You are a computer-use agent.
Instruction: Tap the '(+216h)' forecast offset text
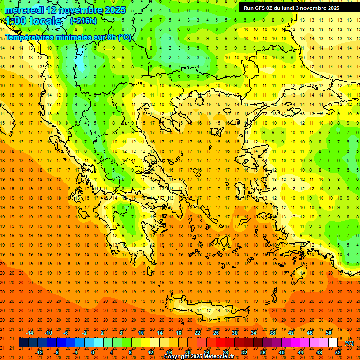click(83, 21)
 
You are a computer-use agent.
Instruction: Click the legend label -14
click(30, 332)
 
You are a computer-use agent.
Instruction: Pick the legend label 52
click(338, 352)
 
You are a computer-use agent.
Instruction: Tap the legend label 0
click(92, 352)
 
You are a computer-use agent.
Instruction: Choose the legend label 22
click(197, 332)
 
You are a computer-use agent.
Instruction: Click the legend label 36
click(263, 352)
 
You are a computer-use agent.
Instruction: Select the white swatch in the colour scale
click(333, 343)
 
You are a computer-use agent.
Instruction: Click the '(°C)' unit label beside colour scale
click(349, 343)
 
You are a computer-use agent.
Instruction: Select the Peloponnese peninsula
click(141, 234)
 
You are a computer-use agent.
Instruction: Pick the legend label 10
click(141, 332)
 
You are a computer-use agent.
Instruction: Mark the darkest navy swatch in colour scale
click(23, 343)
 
